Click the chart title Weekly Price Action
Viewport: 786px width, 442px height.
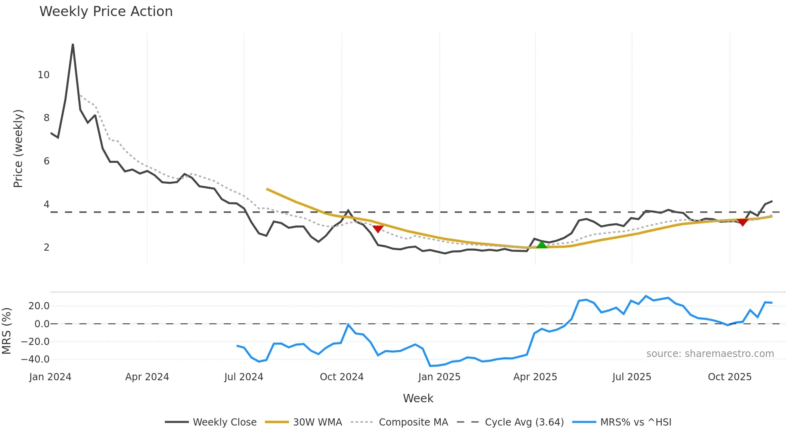click(x=106, y=12)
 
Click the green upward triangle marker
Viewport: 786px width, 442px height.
click(x=542, y=245)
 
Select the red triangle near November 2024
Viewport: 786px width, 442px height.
click(x=378, y=229)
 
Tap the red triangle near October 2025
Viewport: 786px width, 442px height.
click(x=743, y=222)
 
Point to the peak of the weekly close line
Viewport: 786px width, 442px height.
click(x=73, y=44)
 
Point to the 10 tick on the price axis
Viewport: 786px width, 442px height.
click(x=43, y=75)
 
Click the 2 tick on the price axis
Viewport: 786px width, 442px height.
click(x=47, y=247)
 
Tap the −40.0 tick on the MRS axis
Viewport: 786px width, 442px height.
click(x=36, y=359)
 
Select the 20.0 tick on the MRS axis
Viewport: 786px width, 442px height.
click(x=39, y=306)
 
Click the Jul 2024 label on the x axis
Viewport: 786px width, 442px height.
click(x=243, y=377)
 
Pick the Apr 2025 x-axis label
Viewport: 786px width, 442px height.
click(x=535, y=377)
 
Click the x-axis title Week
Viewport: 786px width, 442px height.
click(x=418, y=398)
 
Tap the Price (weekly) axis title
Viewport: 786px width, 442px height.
click(x=18, y=148)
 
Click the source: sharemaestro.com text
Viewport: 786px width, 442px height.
click(x=710, y=354)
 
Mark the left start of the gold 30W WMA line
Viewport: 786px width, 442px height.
click(x=267, y=189)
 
